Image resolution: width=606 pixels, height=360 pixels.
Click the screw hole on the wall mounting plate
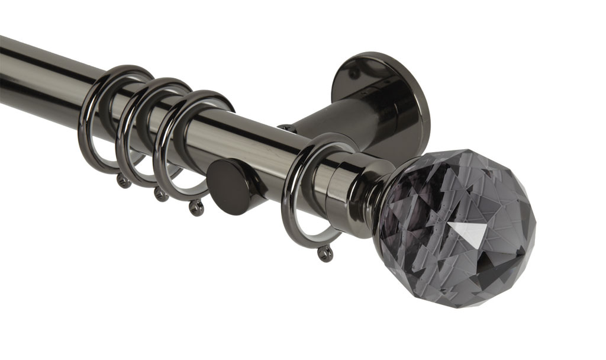[x=354, y=75]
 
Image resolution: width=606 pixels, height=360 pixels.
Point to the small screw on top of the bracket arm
[x=285, y=128]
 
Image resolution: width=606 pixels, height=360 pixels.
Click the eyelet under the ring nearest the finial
[x=325, y=253]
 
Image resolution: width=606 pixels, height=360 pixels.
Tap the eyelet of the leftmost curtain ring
[x=124, y=181]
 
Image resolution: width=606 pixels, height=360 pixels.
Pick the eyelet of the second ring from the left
[x=159, y=194]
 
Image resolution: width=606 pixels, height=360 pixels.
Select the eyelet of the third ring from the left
[x=196, y=207]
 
